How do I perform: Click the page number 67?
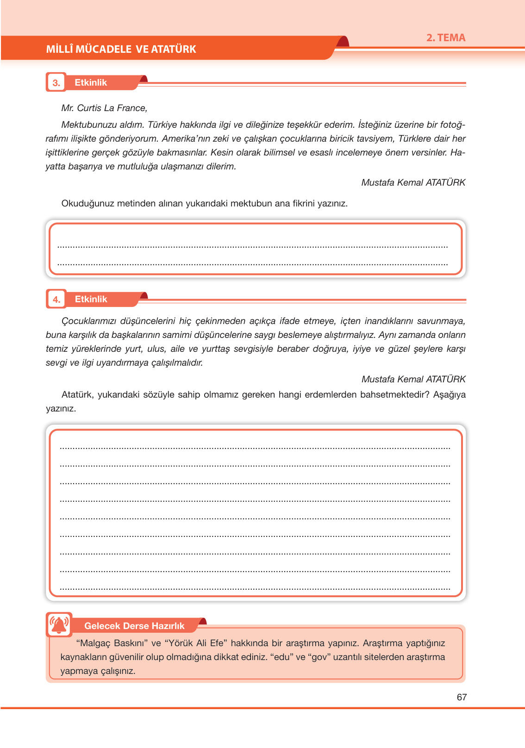pyautogui.click(x=462, y=697)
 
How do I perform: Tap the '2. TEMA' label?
pyautogui.click(x=445, y=38)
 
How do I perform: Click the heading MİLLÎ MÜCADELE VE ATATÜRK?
pyautogui.click(x=121, y=49)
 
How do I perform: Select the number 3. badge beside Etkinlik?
pyautogui.click(x=56, y=83)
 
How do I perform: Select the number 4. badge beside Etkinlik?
pyautogui.click(x=56, y=299)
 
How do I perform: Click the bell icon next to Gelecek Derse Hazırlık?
pyautogui.click(x=59, y=625)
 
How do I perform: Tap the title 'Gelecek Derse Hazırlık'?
pyautogui.click(x=134, y=626)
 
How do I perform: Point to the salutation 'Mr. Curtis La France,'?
pyautogui.click(x=104, y=108)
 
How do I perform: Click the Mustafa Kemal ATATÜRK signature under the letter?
pyautogui.click(x=413, y=182)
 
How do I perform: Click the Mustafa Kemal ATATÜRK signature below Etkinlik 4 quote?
pyautogui.click(x=413, y=379)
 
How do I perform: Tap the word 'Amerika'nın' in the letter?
pyautogui.click(x=184, y=138)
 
